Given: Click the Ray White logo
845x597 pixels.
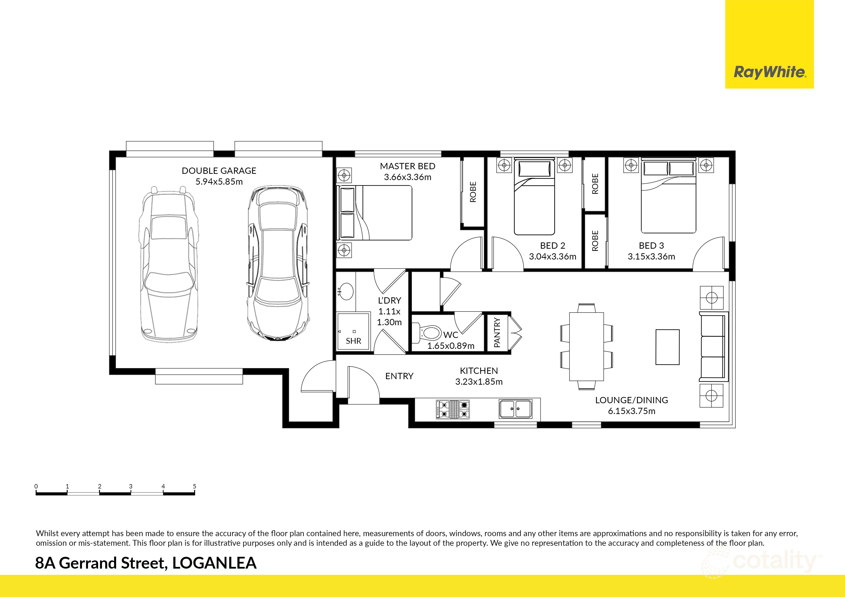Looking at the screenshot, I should (x=769, y=72).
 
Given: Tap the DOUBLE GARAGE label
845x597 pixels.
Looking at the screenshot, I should (x=219, y=171).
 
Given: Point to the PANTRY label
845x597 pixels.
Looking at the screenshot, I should (x=497, y=333).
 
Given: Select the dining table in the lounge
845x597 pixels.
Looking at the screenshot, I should (x=586, y=346).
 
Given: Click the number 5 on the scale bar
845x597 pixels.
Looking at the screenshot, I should (x=194, y=486).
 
